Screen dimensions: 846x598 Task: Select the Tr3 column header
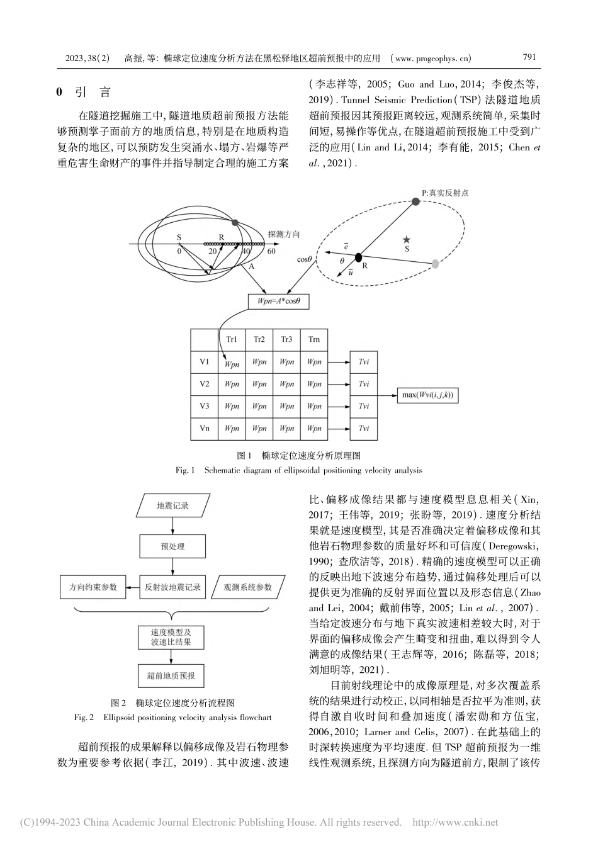point(286,339)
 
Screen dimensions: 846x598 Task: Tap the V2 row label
point(204,384)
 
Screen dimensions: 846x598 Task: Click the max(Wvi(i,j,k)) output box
point(427,395)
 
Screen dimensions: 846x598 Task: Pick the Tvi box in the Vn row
point(364,429)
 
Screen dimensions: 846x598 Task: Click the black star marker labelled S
point(407,240)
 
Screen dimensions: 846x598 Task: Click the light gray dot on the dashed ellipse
point(436,264)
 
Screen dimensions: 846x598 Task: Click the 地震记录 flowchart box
point(172,505)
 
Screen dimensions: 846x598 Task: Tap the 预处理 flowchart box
point(172,546)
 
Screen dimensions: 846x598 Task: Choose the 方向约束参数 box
point(93,587)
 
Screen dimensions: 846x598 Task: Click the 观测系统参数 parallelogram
point(248,587)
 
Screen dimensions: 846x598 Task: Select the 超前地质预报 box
point(172,677)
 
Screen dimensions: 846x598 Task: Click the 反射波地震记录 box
point(172,587)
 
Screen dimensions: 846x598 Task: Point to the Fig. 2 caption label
point(84,716)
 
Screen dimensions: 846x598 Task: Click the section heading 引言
point(93,93)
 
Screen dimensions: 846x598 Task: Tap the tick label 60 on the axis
point(271,251)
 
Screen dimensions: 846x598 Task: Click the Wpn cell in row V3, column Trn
point(314,407)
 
